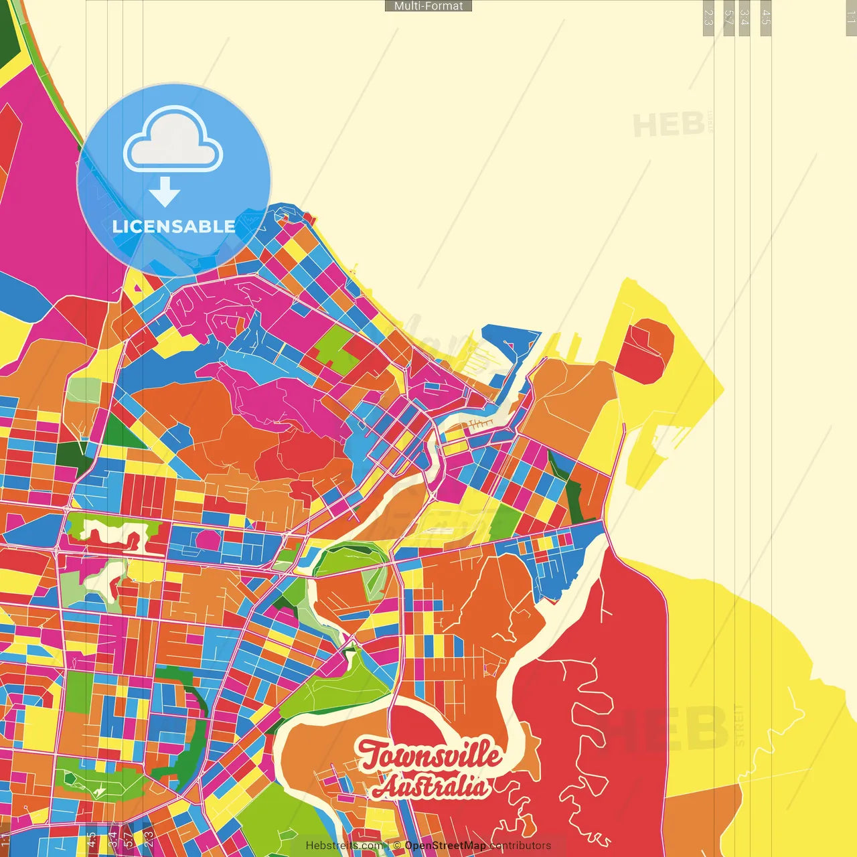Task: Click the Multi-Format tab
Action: pyautogui.click(x=428, y=6)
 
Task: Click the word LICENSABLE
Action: pyautogui.click(x=174, y=226)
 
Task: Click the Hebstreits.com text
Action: pyautogui.click(x=345, y=846)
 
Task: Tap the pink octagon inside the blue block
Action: pyautogui.click(x=208, y=539)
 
